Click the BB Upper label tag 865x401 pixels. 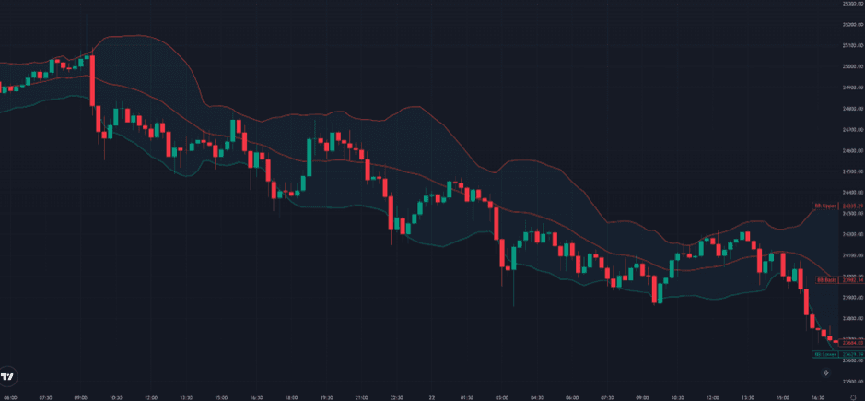824,206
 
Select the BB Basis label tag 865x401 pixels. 824,279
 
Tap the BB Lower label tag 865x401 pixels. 824,354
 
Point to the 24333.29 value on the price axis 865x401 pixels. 852,206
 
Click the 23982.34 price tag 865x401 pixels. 852,279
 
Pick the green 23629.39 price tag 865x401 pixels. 852,354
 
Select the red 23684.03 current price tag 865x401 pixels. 852,343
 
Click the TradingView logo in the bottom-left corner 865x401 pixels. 7,376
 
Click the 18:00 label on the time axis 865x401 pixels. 292,397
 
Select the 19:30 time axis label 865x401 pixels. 327,397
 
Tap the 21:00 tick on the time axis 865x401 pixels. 362,397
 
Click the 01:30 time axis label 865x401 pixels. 466,397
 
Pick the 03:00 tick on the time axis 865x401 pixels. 501,397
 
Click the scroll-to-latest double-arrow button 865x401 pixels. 824,372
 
